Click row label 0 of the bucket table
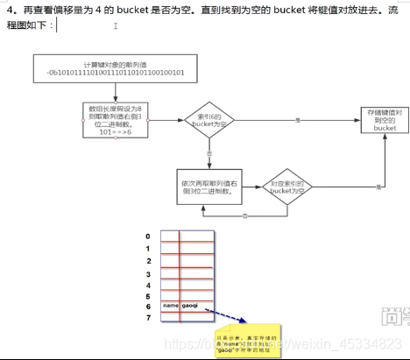(x=149, y=236)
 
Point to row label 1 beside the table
(x=149, y=249)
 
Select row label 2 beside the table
(x=149, y=261)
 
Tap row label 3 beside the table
(x=149, y=274)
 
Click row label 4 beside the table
(x=149, y=286)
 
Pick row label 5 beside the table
(x=149, y=297)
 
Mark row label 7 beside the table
(x=149, y=318)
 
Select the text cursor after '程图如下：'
(x=57, y=26)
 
